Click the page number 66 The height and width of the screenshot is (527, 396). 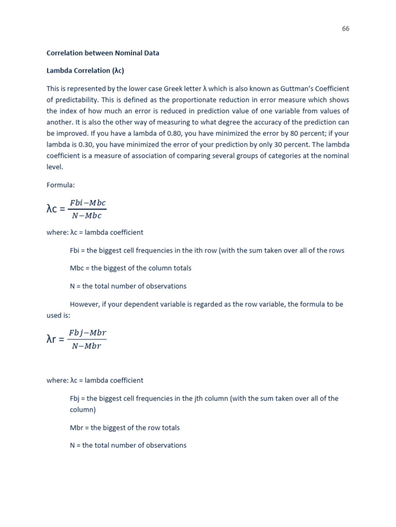point(345,29)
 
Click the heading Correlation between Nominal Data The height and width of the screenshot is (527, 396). point(103,53)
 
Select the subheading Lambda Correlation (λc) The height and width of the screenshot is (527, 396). point(85,71)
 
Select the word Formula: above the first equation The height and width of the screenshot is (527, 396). point(60,184)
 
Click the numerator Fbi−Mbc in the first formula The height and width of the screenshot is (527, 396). point(88,203)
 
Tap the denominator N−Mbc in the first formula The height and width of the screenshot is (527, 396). point(87,216)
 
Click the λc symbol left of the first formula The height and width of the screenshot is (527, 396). point(54,209)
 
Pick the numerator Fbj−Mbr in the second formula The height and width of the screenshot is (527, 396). point(88,333)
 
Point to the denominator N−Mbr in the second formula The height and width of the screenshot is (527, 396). point(87,346)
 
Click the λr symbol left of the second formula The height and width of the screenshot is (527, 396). point(54,339)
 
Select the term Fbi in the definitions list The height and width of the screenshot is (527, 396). point(75,251)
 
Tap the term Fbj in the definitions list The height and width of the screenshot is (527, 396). point(75,398)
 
